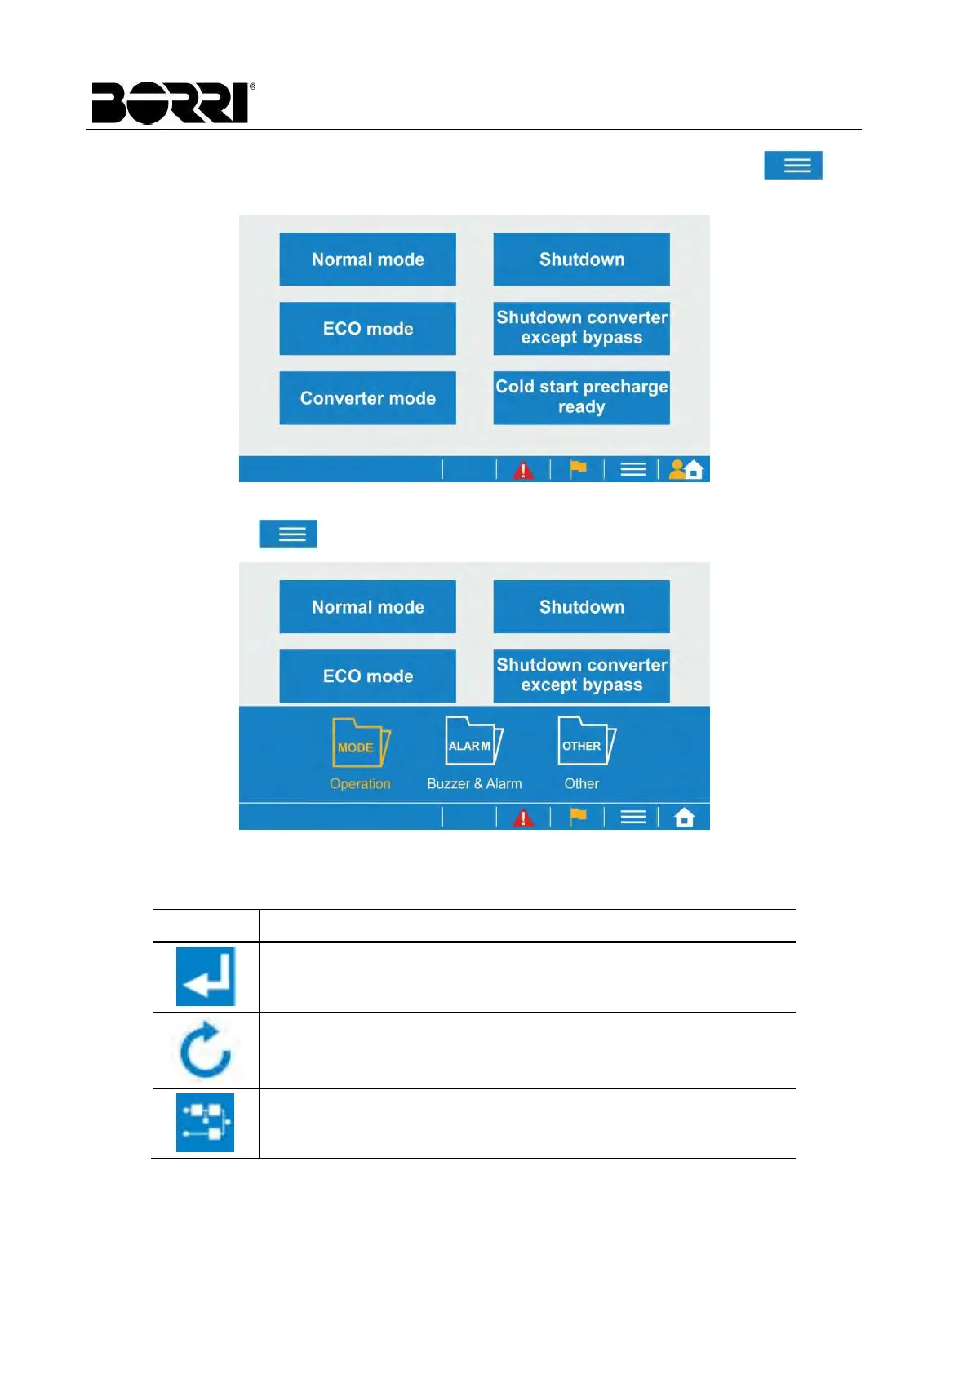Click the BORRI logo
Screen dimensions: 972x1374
click(x=173, y=103)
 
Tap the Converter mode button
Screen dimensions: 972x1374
click(x=367, y=398)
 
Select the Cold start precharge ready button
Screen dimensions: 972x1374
click(x=581, y=397)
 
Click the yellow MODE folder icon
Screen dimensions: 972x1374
click(x=360, y=742)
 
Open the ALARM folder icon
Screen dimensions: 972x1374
click(x=473, y=741)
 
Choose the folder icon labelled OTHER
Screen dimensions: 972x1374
click(x=585, y=741)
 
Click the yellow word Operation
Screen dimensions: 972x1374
click(x=360, y=784)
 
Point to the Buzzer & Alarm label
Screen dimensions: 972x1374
click(x=474, y=784)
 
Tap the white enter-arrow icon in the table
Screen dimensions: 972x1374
click(x=206, y=977)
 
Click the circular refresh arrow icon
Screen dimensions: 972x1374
click(x=206, y=1050)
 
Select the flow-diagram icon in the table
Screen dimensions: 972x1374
click(x=206, y=1123)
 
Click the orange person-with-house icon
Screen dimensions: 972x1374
click(x=686, y=469)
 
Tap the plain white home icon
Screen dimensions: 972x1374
click(x=685, y=817)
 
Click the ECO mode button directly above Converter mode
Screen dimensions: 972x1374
click(x=367, y=329)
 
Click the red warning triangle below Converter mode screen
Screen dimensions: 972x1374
click(x=523, y=470)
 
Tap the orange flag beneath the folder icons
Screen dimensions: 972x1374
click(x=578, y=816)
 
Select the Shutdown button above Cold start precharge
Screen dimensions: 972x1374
click(x=581, y=259)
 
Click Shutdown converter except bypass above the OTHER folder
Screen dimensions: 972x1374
click(x=581, y=676)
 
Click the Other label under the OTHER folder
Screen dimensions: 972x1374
click(x=581, y=784)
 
